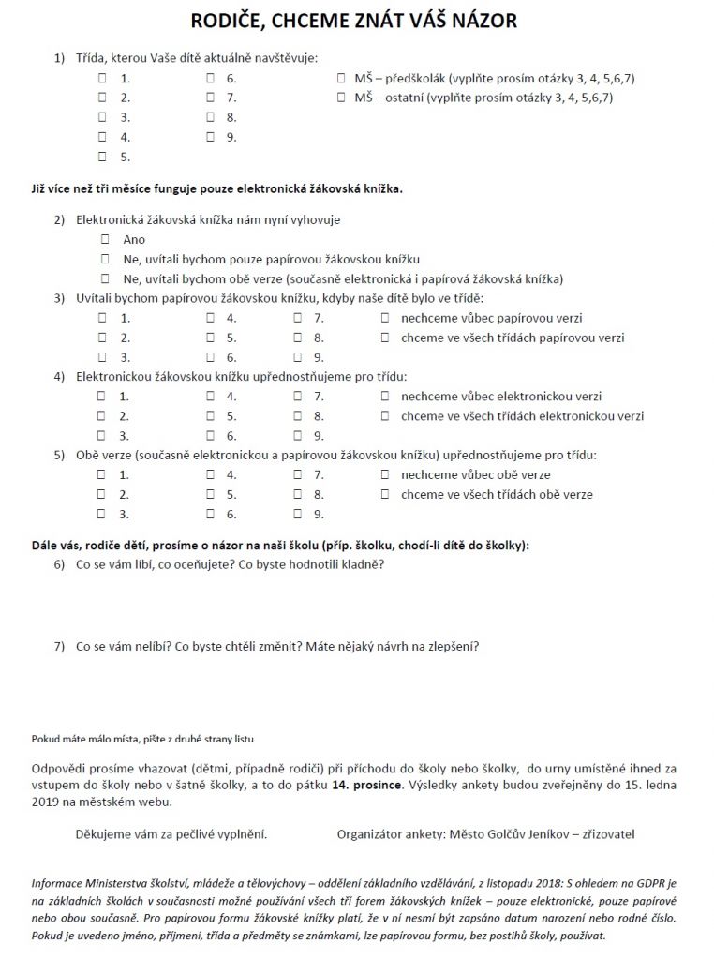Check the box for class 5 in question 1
click(102, 157)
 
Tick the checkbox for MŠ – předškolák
click(340, 78)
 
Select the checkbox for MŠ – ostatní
click(340, 97)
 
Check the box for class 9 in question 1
click(210, 137)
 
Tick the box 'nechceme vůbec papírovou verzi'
click(384, 318)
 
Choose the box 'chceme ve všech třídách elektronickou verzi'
click(384, 416)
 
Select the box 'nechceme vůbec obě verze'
click(384, 475)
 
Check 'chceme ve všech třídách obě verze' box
click(384, 495)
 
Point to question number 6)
click(59, 564)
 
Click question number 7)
click(59, 646)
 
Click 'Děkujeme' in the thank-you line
click(104, 833)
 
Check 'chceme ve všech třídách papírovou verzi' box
click(384, 337)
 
